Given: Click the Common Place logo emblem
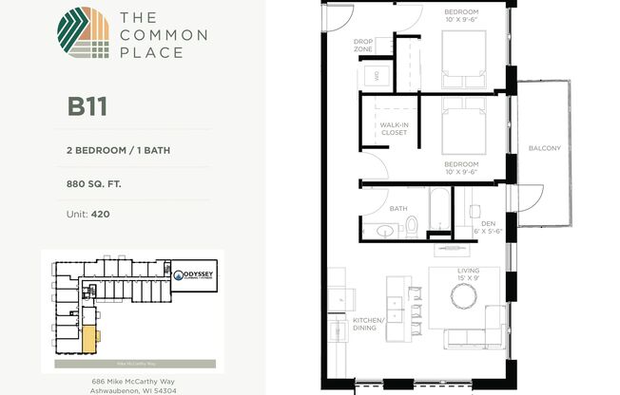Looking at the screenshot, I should click(84, 36).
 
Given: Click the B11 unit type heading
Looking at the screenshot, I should click(87, 105).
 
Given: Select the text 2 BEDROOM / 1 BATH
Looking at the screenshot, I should click(119, 149).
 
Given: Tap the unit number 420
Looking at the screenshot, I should click(100, 215).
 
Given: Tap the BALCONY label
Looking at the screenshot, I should click(545, 148).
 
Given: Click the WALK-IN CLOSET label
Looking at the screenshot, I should click(394, 128).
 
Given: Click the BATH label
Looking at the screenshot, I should click(398, 208).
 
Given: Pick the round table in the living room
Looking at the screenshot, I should click(464, 297).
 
